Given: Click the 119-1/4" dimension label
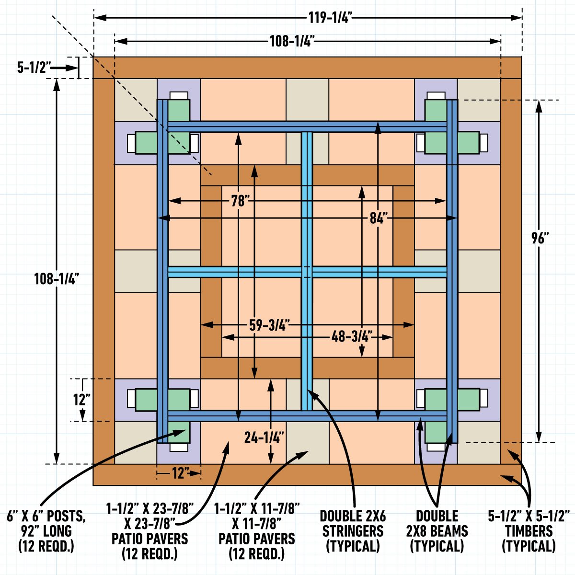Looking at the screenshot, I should (x=330, y=18).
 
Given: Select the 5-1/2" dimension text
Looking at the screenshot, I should (x=34, y=68).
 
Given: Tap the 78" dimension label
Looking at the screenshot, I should (x=238, y=201).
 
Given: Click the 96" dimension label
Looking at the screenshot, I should (x=539, y=238).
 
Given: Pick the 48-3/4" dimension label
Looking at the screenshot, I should (x=352, y=336).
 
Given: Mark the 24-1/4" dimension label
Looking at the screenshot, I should (x=264, y=437).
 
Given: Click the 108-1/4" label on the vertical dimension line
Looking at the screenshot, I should (x=56, y=279).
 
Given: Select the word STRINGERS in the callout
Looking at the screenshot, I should (x=353, y=531).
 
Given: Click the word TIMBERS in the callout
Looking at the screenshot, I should (x=529, y=531).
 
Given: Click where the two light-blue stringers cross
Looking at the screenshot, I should (x=307, y=272).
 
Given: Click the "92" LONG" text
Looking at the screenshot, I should (x=46, y=531).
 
